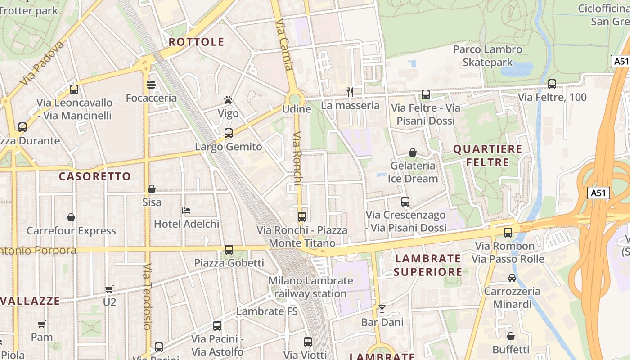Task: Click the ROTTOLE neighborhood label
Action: [196, 42]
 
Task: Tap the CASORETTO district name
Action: [94, 176]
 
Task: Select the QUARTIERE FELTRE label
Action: [487, 156]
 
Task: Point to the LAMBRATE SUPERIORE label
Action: [427, 265]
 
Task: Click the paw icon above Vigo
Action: [228, 100]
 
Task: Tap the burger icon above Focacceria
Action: [151, 85]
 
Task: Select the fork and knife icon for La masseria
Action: [350, 92]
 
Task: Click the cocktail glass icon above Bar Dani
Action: [382, 309]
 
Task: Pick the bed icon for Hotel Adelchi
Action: [186, 211]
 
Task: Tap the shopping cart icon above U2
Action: [109, 289]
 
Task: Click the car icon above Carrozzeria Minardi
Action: [512, 278]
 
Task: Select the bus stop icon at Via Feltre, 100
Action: [552, 84]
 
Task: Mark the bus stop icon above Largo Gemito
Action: [229, 133]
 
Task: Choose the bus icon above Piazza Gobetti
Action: [229, 250]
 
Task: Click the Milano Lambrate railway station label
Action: [310, 287]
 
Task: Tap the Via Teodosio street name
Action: [147, 297]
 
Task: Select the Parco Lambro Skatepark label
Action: [488, 56]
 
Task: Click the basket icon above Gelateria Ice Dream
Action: [413, 153]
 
